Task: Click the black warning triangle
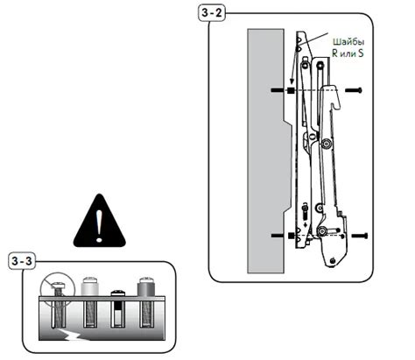coord(99,220)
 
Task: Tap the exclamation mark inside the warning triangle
coord(99,223)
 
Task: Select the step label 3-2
coord(212,15)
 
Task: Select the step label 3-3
coord(25,262)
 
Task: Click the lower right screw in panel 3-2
coord(359,235)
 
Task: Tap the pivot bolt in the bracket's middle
coord(327,144)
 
